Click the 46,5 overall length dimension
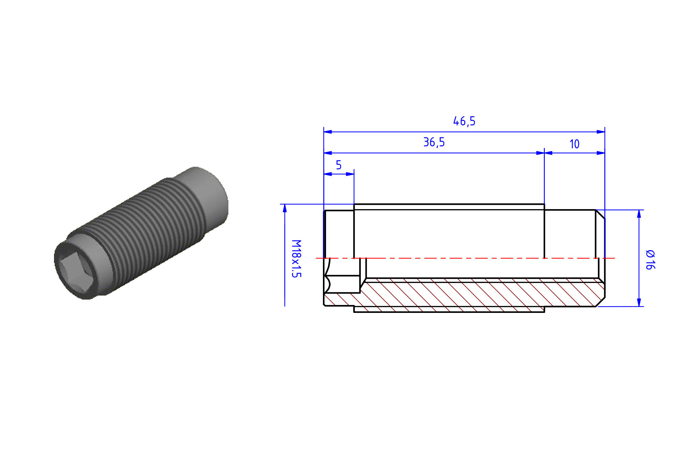464,121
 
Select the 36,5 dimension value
434,142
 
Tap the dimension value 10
574,144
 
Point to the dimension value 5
339,165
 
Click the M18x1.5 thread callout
296,259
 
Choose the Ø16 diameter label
650,260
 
